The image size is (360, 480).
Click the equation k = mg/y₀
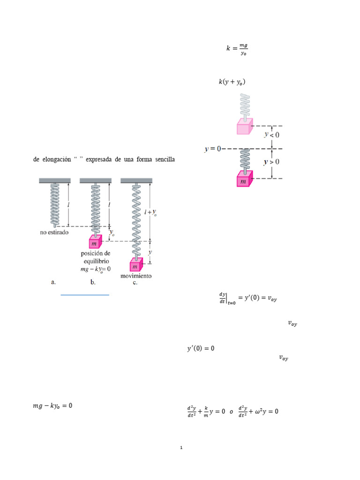click(237, 49)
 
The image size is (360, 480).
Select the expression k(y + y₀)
click(232, 82)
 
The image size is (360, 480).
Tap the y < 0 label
click(272, 135)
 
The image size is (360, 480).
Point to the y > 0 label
click(271, 162)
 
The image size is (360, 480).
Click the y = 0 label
click(213, 149)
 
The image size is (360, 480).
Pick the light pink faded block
click(245, 126)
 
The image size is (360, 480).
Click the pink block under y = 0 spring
click(245, 179)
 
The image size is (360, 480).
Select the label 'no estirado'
click(54, 232)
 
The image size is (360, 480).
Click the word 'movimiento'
click(136, 276)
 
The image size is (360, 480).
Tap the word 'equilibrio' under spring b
click(97, 261)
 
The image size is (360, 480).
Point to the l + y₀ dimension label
click(150, 212)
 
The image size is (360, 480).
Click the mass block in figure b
click(95, 241)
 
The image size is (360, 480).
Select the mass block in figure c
click(136, 264)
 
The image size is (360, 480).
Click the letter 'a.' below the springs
click(53, 282)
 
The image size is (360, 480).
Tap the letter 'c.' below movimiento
click(135, 282)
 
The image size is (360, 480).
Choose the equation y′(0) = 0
click(201, 348)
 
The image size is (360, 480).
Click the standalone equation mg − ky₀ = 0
click(52, 406)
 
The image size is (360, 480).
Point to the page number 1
click(181, 448)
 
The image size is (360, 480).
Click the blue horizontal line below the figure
click(85, 295)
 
